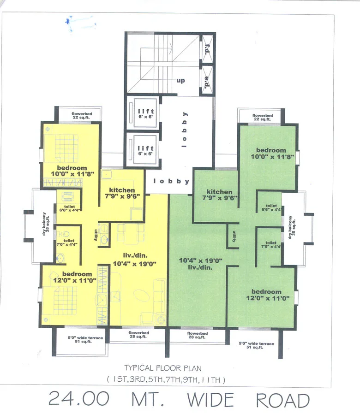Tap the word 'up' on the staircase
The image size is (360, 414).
[x=180, y=81]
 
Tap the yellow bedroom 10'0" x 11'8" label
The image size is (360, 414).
[x=72, y=170]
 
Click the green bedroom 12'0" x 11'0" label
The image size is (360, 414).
[x=266, y=295]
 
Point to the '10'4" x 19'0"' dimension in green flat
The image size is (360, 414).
[x=201, y=260]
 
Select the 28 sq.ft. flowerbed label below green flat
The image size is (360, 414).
[x=197, y=335]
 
